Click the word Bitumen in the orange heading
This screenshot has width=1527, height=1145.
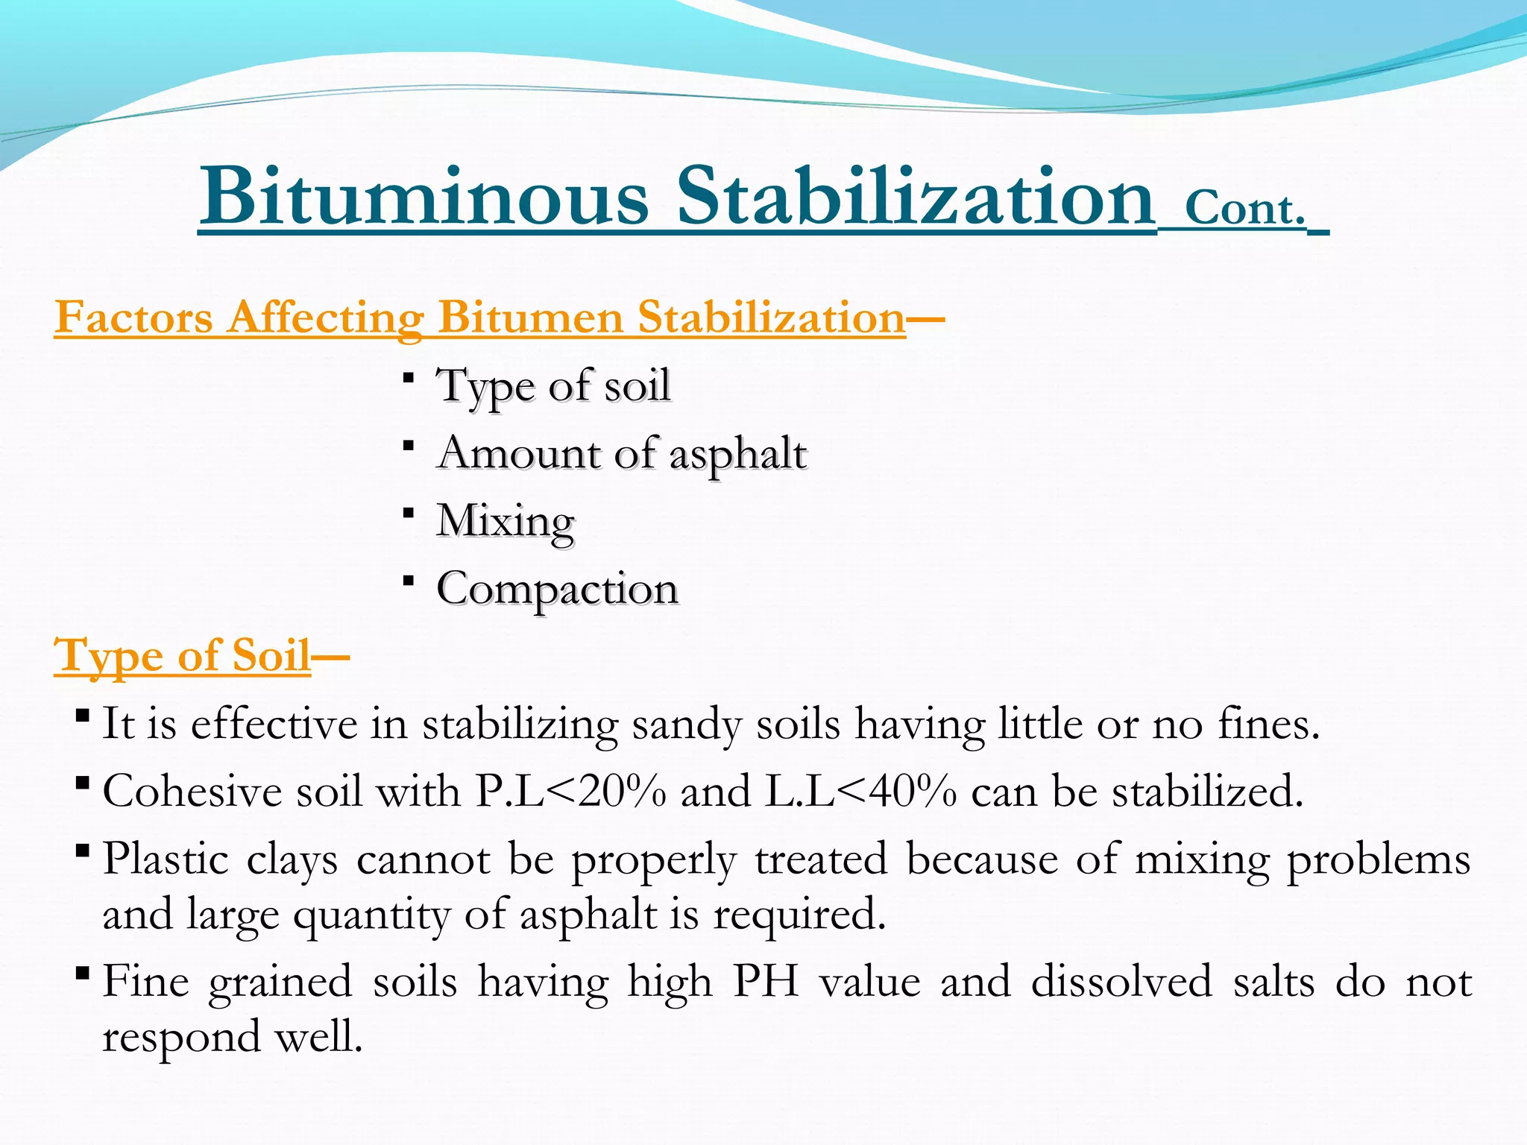pyautogui.click(x=529, y=318)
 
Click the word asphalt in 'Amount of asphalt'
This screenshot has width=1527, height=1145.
pyautogui.click(x=738, y=453)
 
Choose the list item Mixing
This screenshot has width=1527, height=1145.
pyautogui.click(x=506, y=521)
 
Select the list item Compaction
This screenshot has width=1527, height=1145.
pyautogui.click(x=558, y=589)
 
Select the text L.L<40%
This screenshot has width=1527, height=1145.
pyautogui.click(x=861, y=791)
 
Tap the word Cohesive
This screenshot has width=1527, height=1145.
pyautogui.click(x=192, y=791)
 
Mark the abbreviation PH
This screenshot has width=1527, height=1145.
pyautogui.click(x=766, y=981)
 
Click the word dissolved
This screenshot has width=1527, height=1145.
pyautogui.click(x=1122, y=981)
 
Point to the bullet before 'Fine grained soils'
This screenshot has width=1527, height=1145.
pyautogui.click(x=84, y=973)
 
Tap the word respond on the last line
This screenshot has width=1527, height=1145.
pyautogui.click(x=181, y=1037)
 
